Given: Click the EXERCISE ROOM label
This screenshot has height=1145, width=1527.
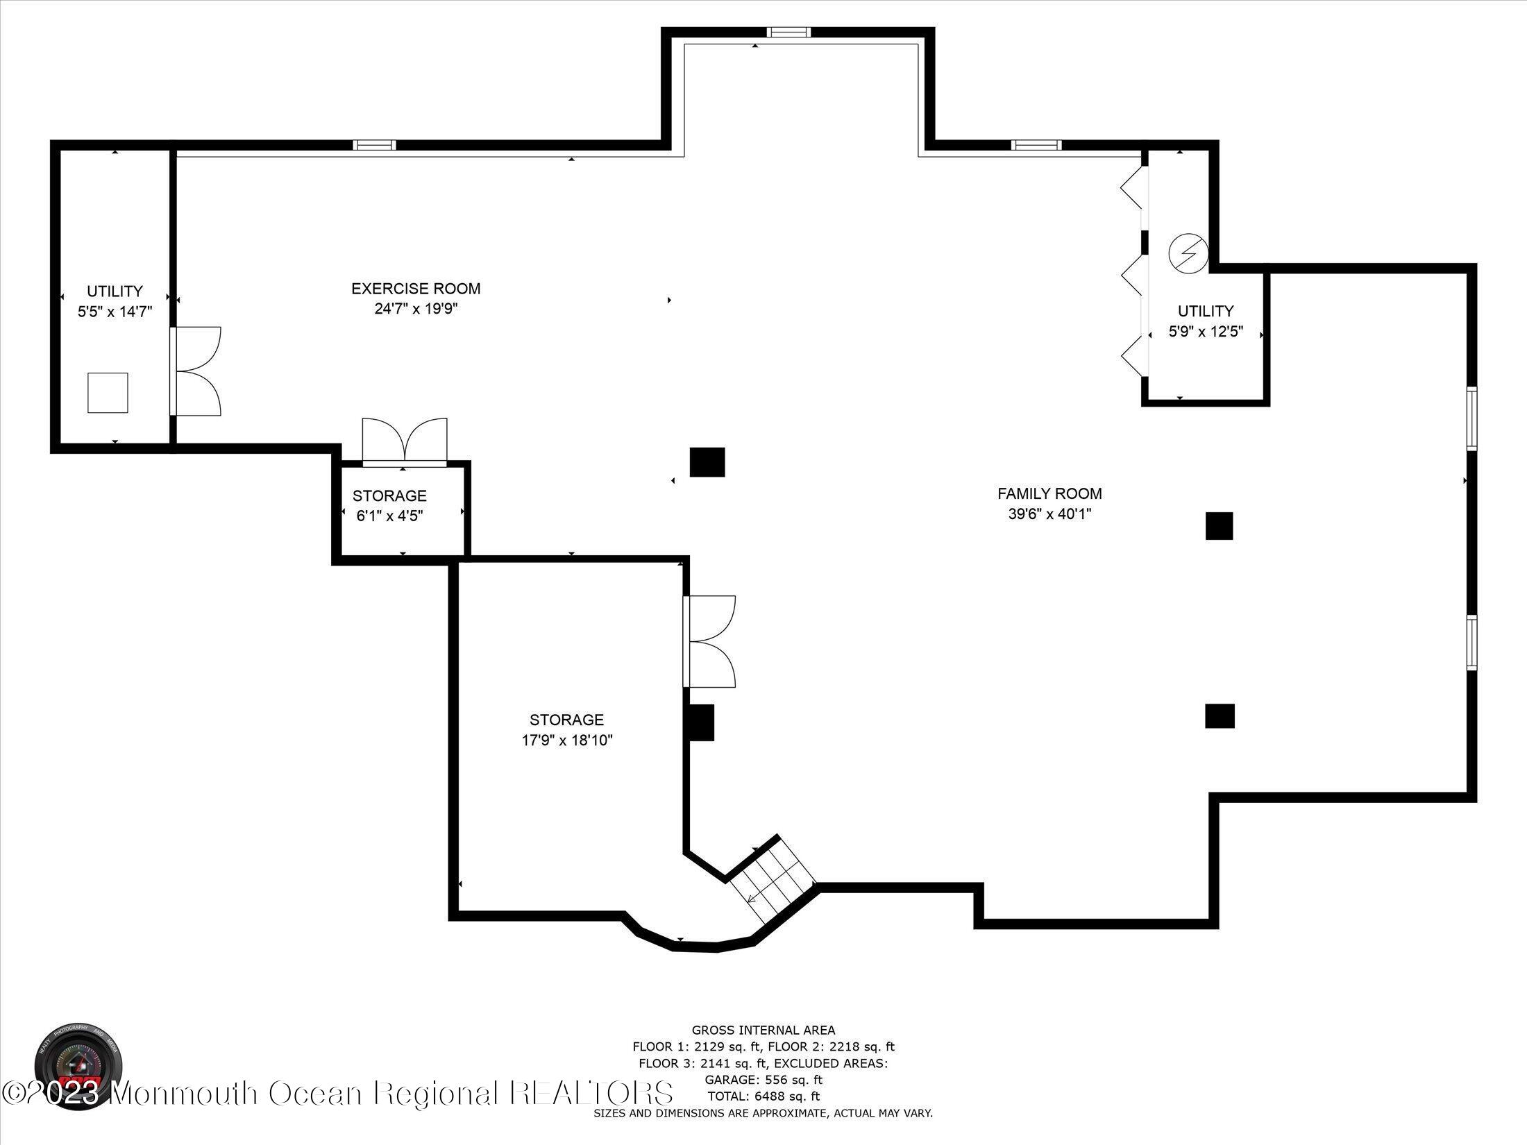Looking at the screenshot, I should (415, 288).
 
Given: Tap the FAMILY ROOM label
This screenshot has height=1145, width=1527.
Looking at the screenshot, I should (1049, 493).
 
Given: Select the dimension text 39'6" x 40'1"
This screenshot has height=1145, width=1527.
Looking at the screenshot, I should (1049, 514).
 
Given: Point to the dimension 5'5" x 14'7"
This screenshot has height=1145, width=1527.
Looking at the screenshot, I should (115, 312).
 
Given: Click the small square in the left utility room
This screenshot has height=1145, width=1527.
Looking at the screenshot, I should (108, 393).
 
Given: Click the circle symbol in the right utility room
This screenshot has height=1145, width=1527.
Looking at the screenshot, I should (1188, 253).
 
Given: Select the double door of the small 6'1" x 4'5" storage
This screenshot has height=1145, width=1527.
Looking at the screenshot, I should (405, 441).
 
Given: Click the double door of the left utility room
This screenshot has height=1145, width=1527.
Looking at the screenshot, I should (196, 371).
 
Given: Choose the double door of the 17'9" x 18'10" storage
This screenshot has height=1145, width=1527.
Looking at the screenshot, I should (709, 641).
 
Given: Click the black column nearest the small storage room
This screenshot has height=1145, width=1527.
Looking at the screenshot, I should (707, 462).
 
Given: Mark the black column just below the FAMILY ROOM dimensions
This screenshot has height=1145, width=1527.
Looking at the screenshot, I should (1219, 526).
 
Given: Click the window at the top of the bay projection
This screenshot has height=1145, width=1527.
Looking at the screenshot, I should (788, 32).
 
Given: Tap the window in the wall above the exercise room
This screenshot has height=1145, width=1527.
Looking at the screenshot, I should (374, 145).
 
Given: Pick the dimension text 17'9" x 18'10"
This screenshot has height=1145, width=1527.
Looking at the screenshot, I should (566, 740).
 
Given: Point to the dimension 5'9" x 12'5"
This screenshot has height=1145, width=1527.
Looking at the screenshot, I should (1206, 332).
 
